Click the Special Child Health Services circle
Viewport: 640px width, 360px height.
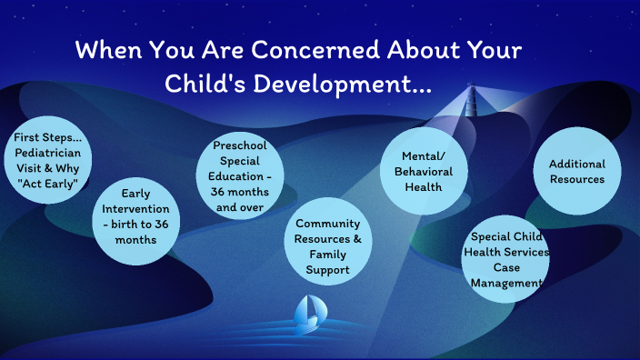[507, 259]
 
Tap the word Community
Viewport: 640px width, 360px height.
[328, 224]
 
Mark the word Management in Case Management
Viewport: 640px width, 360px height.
[507, 284]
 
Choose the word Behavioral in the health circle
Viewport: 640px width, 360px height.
[424, 173]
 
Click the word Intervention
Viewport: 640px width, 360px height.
[136, 208]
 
